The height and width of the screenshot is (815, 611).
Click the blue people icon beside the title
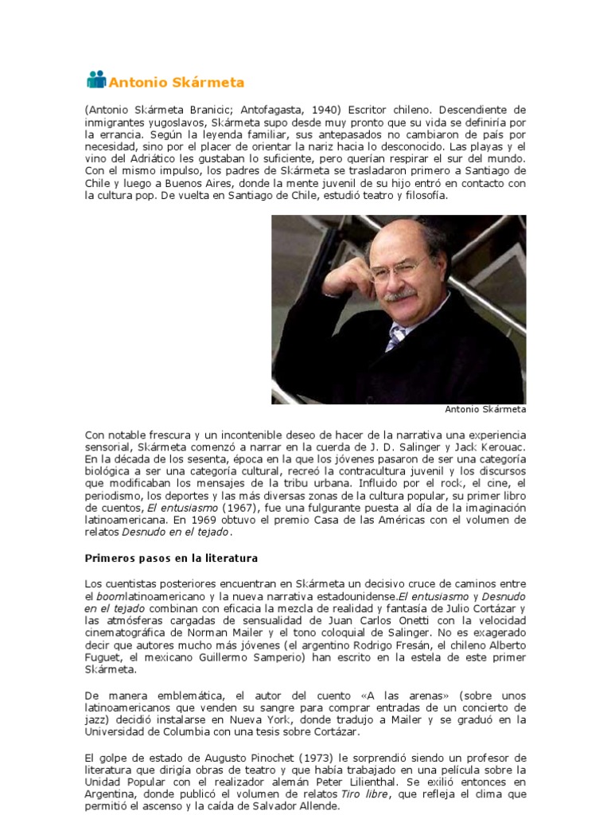pos(95,80)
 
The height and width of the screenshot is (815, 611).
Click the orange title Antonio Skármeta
pos(176,82)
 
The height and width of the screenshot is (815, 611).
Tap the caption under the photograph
pos(485,410)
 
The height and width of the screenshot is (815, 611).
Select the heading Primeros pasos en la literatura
pos(172,558)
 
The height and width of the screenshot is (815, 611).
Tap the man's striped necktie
pos(396,337)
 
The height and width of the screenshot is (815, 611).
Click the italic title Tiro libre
pos(364,794)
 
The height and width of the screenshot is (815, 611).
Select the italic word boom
pos(108,596)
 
